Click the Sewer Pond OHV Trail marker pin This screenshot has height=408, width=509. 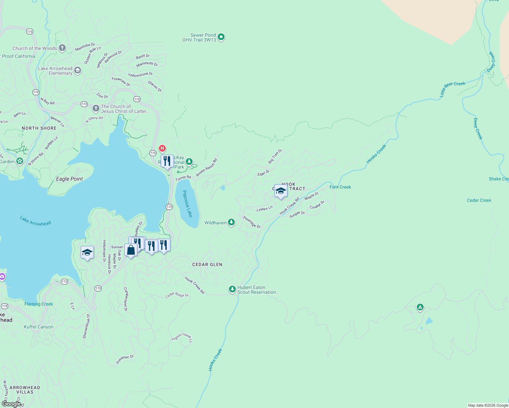tap(221, 37)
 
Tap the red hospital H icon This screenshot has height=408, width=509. tap(163, 148)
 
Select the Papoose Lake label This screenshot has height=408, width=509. tap(187, 204)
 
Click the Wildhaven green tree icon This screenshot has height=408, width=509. tap(231, 222)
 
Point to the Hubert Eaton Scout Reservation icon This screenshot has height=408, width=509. tap(232, 289)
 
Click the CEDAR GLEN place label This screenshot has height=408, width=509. tap(207, 265)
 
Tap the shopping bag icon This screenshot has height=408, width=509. tap(131, 250)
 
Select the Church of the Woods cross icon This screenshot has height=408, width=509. tap(62, 48)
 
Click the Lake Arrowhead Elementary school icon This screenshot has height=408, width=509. tap(78, 70)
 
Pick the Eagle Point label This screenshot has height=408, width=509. tap(69, 179)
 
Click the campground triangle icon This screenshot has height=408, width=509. tap(420, 307)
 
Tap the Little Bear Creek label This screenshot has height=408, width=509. tap(452, 89)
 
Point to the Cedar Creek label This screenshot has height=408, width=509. tap(479, 200)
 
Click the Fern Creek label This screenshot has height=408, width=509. tap(340, 187)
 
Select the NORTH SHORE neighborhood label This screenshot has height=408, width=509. tap(39, 128)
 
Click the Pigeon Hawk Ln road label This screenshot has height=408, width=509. tap(182, 337)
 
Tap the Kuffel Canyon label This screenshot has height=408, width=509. tap(38, 327)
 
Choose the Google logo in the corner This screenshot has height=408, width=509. tap(11, 404)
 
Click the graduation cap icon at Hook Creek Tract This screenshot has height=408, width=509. tap(281, 191)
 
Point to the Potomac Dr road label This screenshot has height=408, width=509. tap(125, 359)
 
